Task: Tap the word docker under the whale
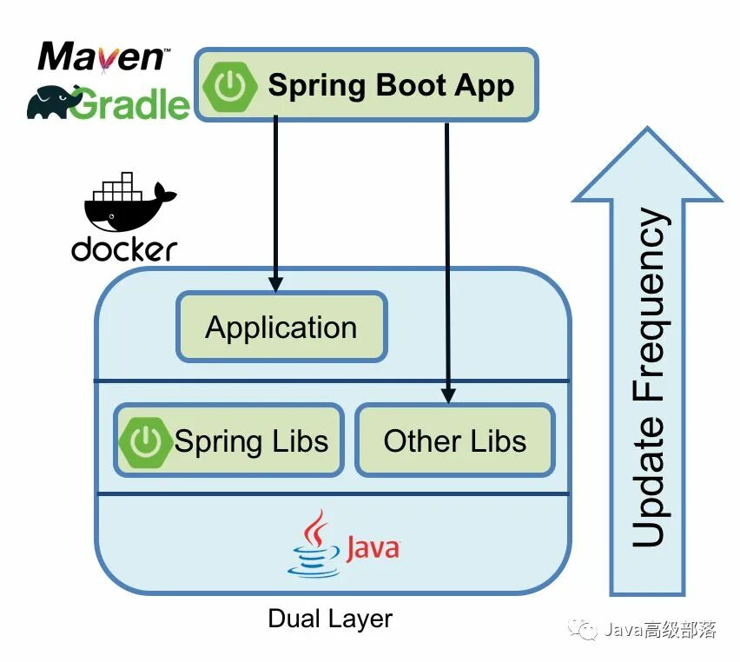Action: tap(124, 249)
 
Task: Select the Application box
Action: tap(281, 328)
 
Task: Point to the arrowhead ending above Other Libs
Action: tap(448, 395)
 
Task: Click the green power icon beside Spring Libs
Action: tap(145, 441)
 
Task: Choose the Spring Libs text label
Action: tap(252, 441)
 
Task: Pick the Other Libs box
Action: tap(455, 440)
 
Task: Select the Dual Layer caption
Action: tap(330, 619)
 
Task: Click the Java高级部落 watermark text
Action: tap(659, 631)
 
